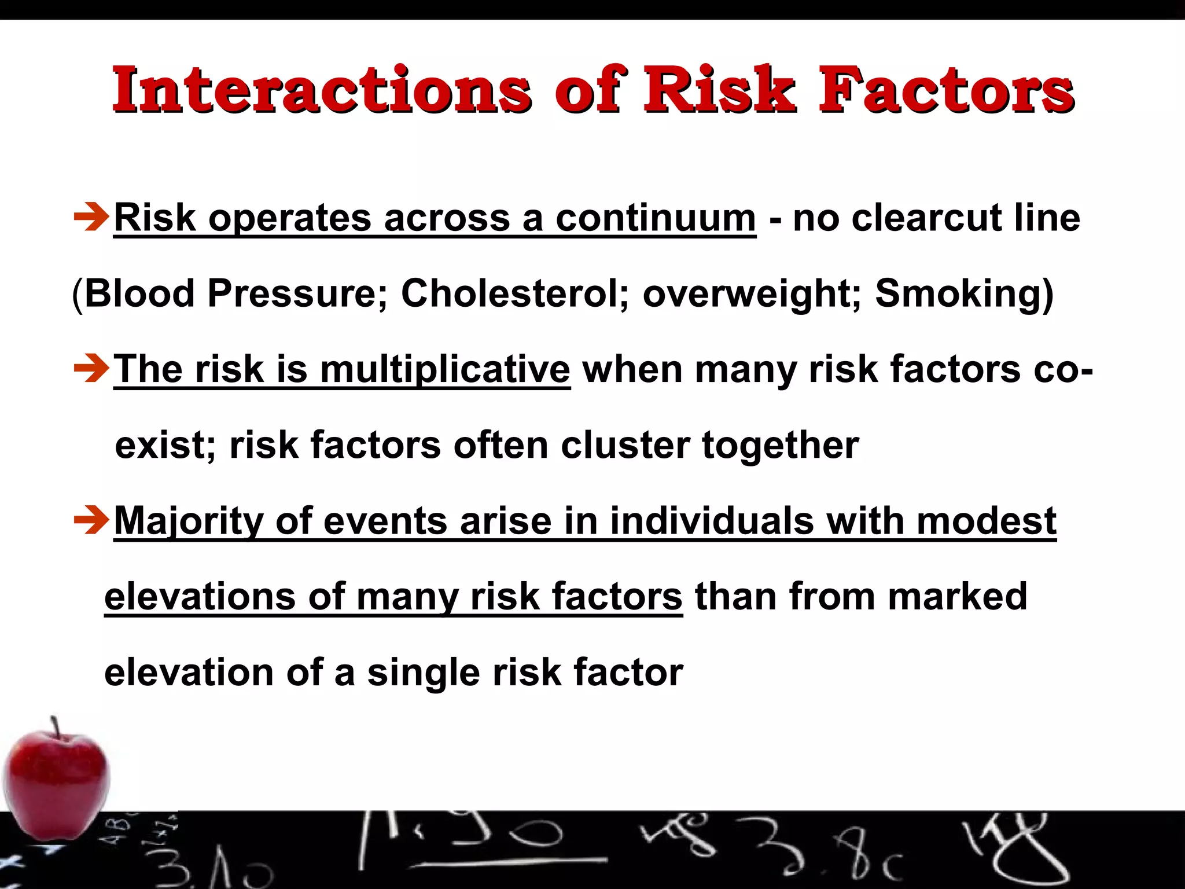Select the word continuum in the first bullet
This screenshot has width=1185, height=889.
(x=656, y=218)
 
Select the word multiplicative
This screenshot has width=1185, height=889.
(x=445, y=369)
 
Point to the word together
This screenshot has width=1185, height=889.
(x=781, y=445)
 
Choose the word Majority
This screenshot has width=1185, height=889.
(x=189, y=521)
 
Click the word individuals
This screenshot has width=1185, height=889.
(x=712, y=521)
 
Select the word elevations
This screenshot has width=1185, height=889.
(x=200, y=597)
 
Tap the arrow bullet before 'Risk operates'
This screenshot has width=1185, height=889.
(x=91, y=218)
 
